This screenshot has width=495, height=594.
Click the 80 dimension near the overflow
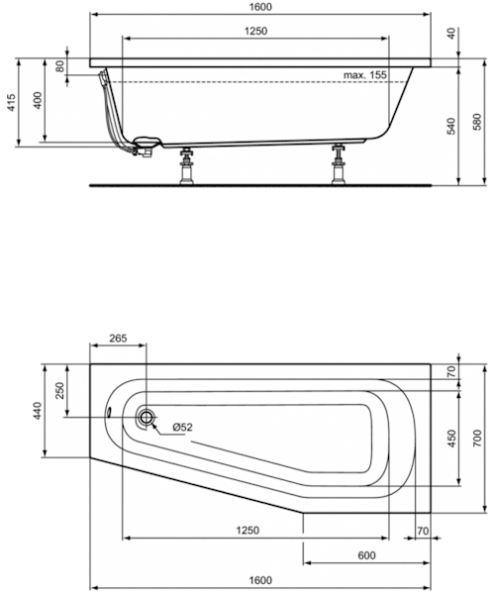(60, 66)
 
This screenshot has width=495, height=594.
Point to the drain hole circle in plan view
(147, 418)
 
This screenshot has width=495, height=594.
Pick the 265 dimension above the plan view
(118, 339)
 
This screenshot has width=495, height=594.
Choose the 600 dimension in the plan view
(365, 554)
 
